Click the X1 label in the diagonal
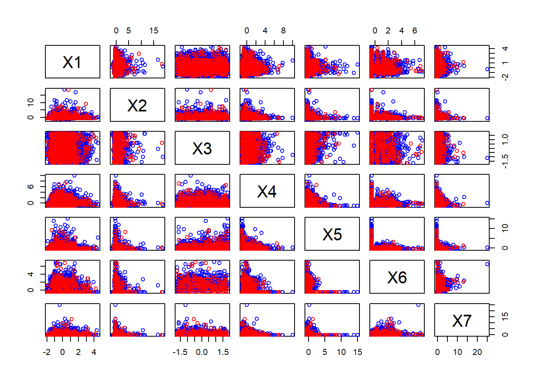[x=72, y=62]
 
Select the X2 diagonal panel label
[x=137, y=105]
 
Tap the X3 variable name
[x=202, y=148]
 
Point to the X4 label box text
[x=267, y=191]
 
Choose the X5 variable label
[x=332, y=234]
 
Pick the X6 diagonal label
[x=397, y=277]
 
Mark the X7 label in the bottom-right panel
[x=462, y=320]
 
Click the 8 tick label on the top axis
[x=283, y=31]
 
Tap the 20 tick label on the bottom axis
[x=477, y=352]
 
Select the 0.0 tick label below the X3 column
[x=202, y=352]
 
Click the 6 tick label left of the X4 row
[x=31, y=187]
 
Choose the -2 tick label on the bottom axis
[x=47, y=352]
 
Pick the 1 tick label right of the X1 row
[x=505, y=62]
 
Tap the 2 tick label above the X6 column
[x=388, y=31]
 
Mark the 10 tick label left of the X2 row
[x=31, y=102]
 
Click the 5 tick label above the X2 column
[x=129, y=31]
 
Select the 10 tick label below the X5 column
[x=341, y=352]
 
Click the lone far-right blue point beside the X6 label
[x=487, y=264]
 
